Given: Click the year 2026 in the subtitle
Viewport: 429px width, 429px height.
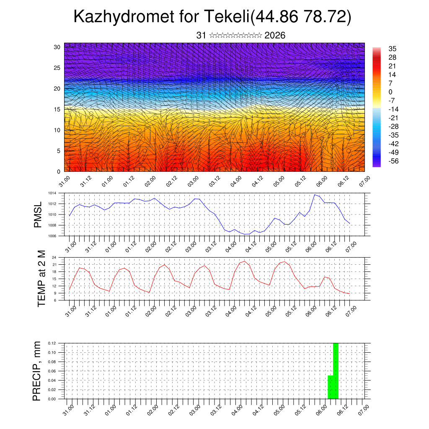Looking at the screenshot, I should tap(275, 36).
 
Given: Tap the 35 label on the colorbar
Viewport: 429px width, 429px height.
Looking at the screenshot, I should tap(393, 49).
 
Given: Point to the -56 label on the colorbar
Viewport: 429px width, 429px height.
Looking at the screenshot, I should tap(394, 161).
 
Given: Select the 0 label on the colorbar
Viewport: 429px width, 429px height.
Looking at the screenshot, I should tap(390, 92).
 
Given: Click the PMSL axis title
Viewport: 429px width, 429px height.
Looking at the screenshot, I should tap(38, 214).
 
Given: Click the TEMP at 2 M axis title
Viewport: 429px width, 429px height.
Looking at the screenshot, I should tap(41, 278).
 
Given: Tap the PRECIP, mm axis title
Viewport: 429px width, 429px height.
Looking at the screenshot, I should tap(38, 371).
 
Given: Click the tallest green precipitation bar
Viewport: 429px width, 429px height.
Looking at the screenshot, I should tap(336, 371).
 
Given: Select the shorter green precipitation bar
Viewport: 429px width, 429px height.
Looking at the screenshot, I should tap(330, 387).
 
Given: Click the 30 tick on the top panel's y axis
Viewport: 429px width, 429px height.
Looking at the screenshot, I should tap(57, 47).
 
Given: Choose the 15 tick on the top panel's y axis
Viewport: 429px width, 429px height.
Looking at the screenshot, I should tap(57, 109).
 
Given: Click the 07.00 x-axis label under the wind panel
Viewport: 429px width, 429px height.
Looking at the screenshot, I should tap(364, 181).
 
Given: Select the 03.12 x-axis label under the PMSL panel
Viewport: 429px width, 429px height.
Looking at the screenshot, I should tap(214, 245).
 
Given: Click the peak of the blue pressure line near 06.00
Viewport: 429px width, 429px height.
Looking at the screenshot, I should tap(315, 195).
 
